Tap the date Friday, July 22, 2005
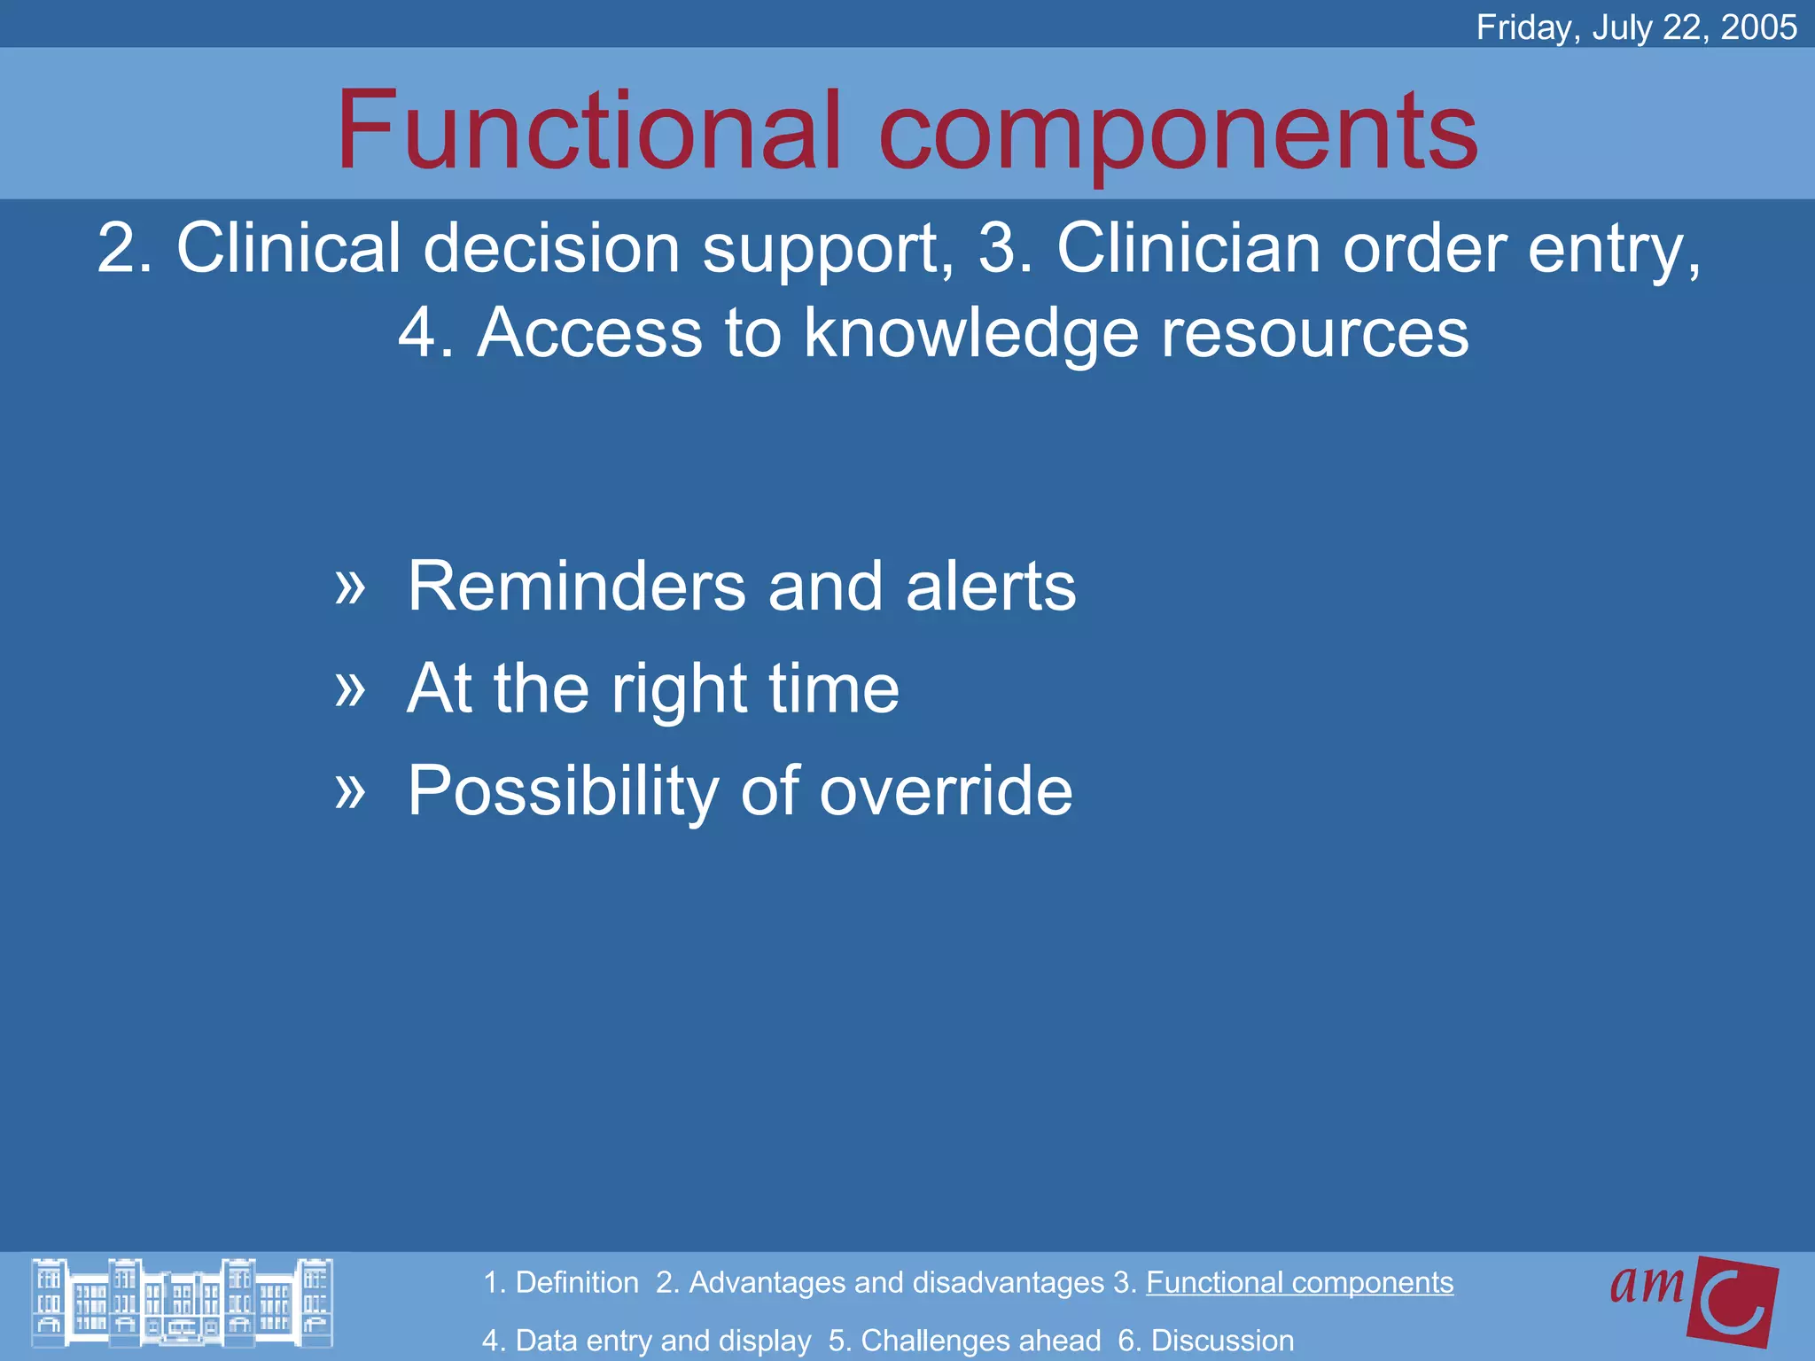click(x=1636, y=27)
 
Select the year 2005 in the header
click(x=1758, y=27)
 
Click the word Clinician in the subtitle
click(x=1191, y=248)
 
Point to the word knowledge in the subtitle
click(x=970, y=333)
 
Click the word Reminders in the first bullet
click(x=577, y=587)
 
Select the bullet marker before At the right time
click(x=350, y=688)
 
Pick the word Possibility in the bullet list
click(x=563, y=790)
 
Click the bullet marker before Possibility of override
click(x=350, y=790)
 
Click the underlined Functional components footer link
click(x=1299, y=1282)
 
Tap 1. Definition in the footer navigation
click(x=561, y=1282)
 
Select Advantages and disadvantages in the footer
click(x=895, y=1282)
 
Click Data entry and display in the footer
click(x=662, y=1340)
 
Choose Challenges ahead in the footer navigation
click(x=980, y=1340)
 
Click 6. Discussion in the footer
click(x=1205, y=1340)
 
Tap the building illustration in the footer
click(x=183, y=1303)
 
